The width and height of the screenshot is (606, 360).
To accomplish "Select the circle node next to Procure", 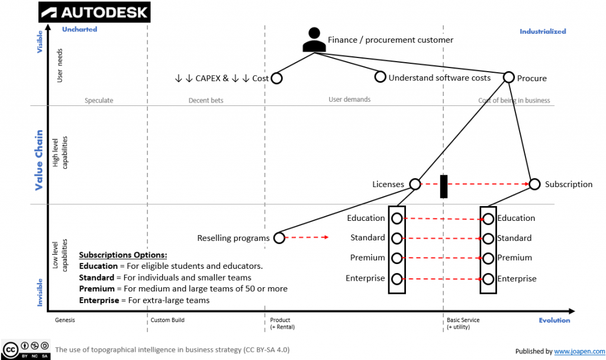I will tap(508, 78).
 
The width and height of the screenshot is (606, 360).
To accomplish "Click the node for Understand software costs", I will tap(381, 77).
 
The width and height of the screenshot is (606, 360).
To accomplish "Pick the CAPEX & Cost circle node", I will tap(276, 78).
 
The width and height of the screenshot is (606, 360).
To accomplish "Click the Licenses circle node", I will tap(415, 184).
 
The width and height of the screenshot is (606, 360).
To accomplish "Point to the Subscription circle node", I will tap(534, 184).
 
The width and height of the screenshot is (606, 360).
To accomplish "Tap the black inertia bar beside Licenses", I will tap(444, 186).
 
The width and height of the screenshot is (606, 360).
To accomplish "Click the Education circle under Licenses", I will tap(397, 218).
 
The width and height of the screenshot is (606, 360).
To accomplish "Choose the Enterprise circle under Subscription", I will tap(488, 279).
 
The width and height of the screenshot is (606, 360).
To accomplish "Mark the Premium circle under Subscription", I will tap(488, 259).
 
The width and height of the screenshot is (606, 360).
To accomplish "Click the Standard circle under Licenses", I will tap(397, 238).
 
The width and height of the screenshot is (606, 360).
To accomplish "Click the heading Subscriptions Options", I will tap(123, 255).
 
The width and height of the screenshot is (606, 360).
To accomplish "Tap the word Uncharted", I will tap(79, 29).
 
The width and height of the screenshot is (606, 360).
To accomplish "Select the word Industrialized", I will tap(543, 31).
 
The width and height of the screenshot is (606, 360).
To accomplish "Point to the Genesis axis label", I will tap(65, 320).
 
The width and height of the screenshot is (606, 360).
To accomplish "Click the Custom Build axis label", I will tap(167, 320).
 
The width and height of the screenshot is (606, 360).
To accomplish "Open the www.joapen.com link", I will tap(579, 351).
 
